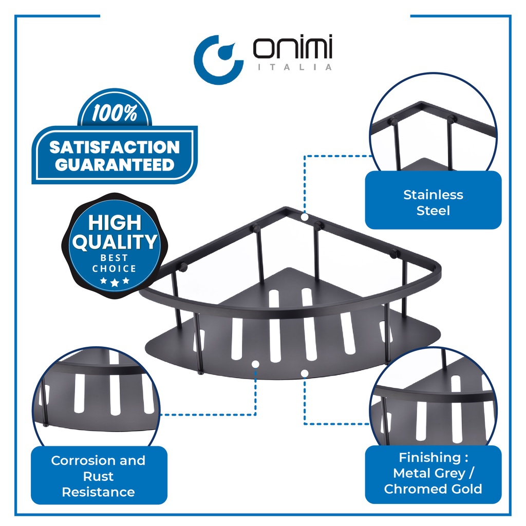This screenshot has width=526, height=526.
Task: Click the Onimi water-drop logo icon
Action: click(x=218, y=58)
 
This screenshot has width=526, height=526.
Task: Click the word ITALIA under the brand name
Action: click(x=293, y=67)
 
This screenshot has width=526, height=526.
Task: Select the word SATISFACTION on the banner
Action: click(x=115, y=147)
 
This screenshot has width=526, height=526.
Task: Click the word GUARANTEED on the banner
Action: click(x=115, y=165)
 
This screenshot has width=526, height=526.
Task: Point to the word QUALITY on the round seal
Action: click(x=115, y=242)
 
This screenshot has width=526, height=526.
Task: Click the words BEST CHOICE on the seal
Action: click(x=114, y=264)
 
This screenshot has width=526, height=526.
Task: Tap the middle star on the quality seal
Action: click(x=115, y=283)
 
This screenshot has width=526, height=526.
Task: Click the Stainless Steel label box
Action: click(x=433, y=202)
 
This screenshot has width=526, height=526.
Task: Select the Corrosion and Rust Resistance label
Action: click(x=98, y=476)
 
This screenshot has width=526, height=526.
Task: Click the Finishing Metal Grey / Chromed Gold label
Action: click(x=433, y=473)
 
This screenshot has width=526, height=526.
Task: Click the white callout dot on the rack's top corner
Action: click(x=305, y=217)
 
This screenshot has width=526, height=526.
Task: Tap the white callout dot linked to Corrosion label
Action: click(x=255, y=364)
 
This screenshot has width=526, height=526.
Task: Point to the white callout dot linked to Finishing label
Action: click(x=305, y=372)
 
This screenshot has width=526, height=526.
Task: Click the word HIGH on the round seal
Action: click(x=115, y=223)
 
